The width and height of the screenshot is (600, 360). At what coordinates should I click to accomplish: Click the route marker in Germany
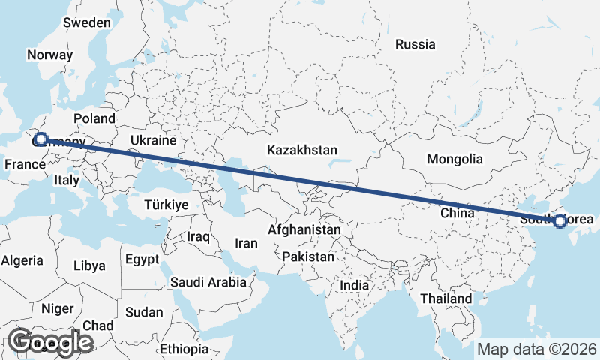click(41, 139)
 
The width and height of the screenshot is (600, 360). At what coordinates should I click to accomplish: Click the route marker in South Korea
click(559, 220)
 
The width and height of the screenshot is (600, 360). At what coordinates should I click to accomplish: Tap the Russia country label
click(415, 45)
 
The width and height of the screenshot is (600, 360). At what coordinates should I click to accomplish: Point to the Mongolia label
click(454, 159)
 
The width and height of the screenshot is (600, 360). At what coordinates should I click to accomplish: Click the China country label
click(457, 213)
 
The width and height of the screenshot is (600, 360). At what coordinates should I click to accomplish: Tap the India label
click(354, 286)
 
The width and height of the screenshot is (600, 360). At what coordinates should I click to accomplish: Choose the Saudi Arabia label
click(208, 283)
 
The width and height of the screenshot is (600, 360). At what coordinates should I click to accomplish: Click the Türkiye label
click(166, 204)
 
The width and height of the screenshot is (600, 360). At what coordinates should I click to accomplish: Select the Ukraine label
click(152, 140)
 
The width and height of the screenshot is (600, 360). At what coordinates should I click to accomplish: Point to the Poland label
click(94, 118)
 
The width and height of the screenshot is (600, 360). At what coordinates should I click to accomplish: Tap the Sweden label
click(87, 22)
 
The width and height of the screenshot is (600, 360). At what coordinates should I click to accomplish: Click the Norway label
click(49, 55)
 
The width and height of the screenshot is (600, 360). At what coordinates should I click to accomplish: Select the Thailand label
click(445, 298)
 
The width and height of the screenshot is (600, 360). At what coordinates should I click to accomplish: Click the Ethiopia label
click(184, 349)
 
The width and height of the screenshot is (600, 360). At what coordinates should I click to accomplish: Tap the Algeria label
click(22, 261)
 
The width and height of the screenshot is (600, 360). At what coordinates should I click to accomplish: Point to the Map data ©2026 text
click(537, 349)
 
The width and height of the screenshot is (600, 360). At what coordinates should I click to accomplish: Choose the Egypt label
click(142, 260)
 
